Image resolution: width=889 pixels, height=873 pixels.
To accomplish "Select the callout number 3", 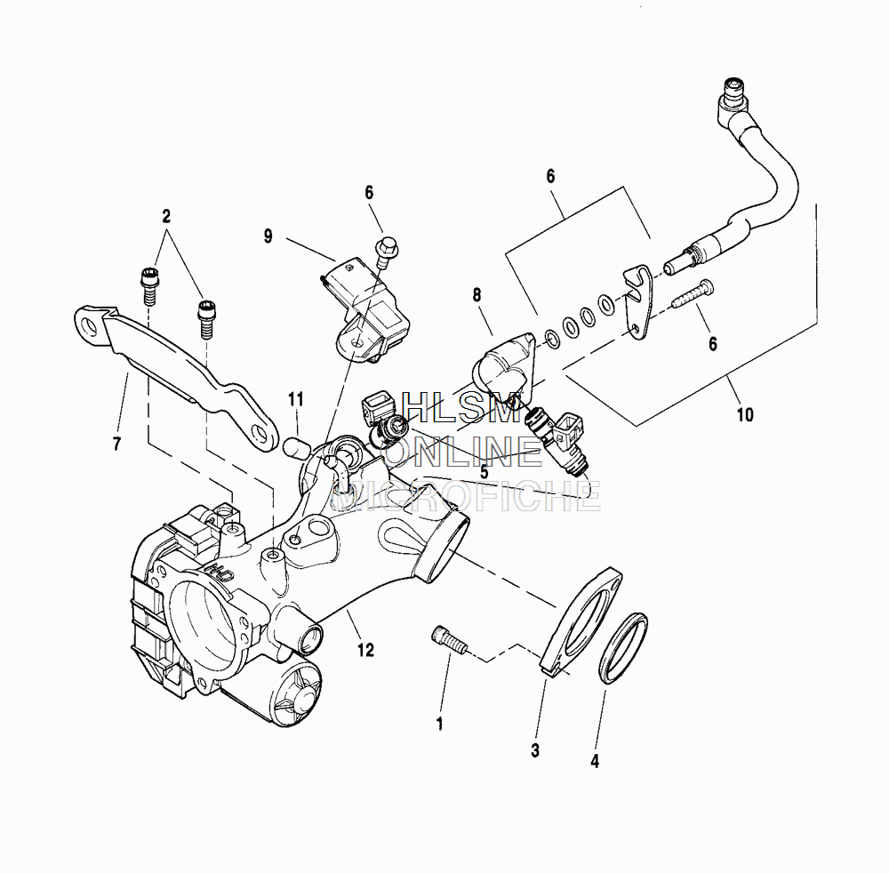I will pos(535,750).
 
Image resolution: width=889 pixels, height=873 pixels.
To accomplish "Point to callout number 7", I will pos(116,445).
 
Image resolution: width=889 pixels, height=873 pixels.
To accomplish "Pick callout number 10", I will pos(745,413).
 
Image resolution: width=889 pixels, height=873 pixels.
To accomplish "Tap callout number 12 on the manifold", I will pos(366,650).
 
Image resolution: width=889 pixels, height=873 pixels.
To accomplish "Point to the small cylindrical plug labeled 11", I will pos(295,444).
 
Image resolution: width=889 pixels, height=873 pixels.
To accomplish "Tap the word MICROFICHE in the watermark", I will pos(466,496).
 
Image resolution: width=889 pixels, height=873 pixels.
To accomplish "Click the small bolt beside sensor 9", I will pos(386,251).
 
